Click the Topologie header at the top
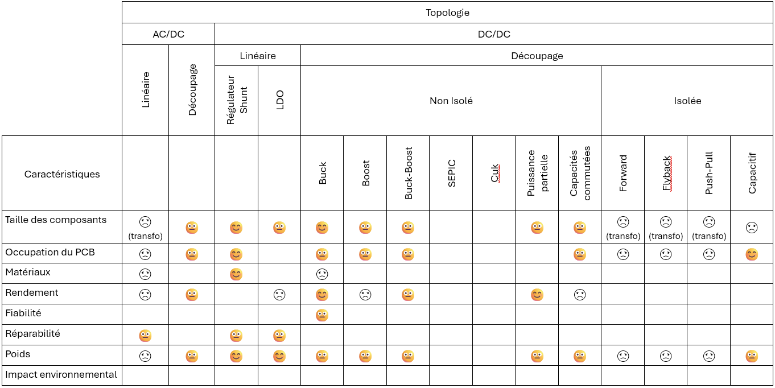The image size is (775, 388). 447,13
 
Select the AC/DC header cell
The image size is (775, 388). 168,34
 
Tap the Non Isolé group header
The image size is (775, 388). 451,101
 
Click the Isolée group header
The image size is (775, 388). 687,101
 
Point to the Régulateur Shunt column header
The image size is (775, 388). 236,101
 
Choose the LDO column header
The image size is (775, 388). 279,101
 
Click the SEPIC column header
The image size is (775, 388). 451,174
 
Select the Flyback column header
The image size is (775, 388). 666,174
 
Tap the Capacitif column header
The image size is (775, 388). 752,174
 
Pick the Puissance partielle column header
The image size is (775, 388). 537,174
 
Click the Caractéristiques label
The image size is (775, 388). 62,174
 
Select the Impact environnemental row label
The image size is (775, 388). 61,374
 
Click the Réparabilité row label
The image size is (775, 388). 32,334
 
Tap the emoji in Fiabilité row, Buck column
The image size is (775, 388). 322,315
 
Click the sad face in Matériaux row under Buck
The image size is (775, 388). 322,274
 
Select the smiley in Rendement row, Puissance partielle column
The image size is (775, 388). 537,295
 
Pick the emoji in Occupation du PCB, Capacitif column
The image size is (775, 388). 752,254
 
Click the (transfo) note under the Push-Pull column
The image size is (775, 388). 709,236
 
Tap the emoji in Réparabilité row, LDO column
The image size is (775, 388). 279,336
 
